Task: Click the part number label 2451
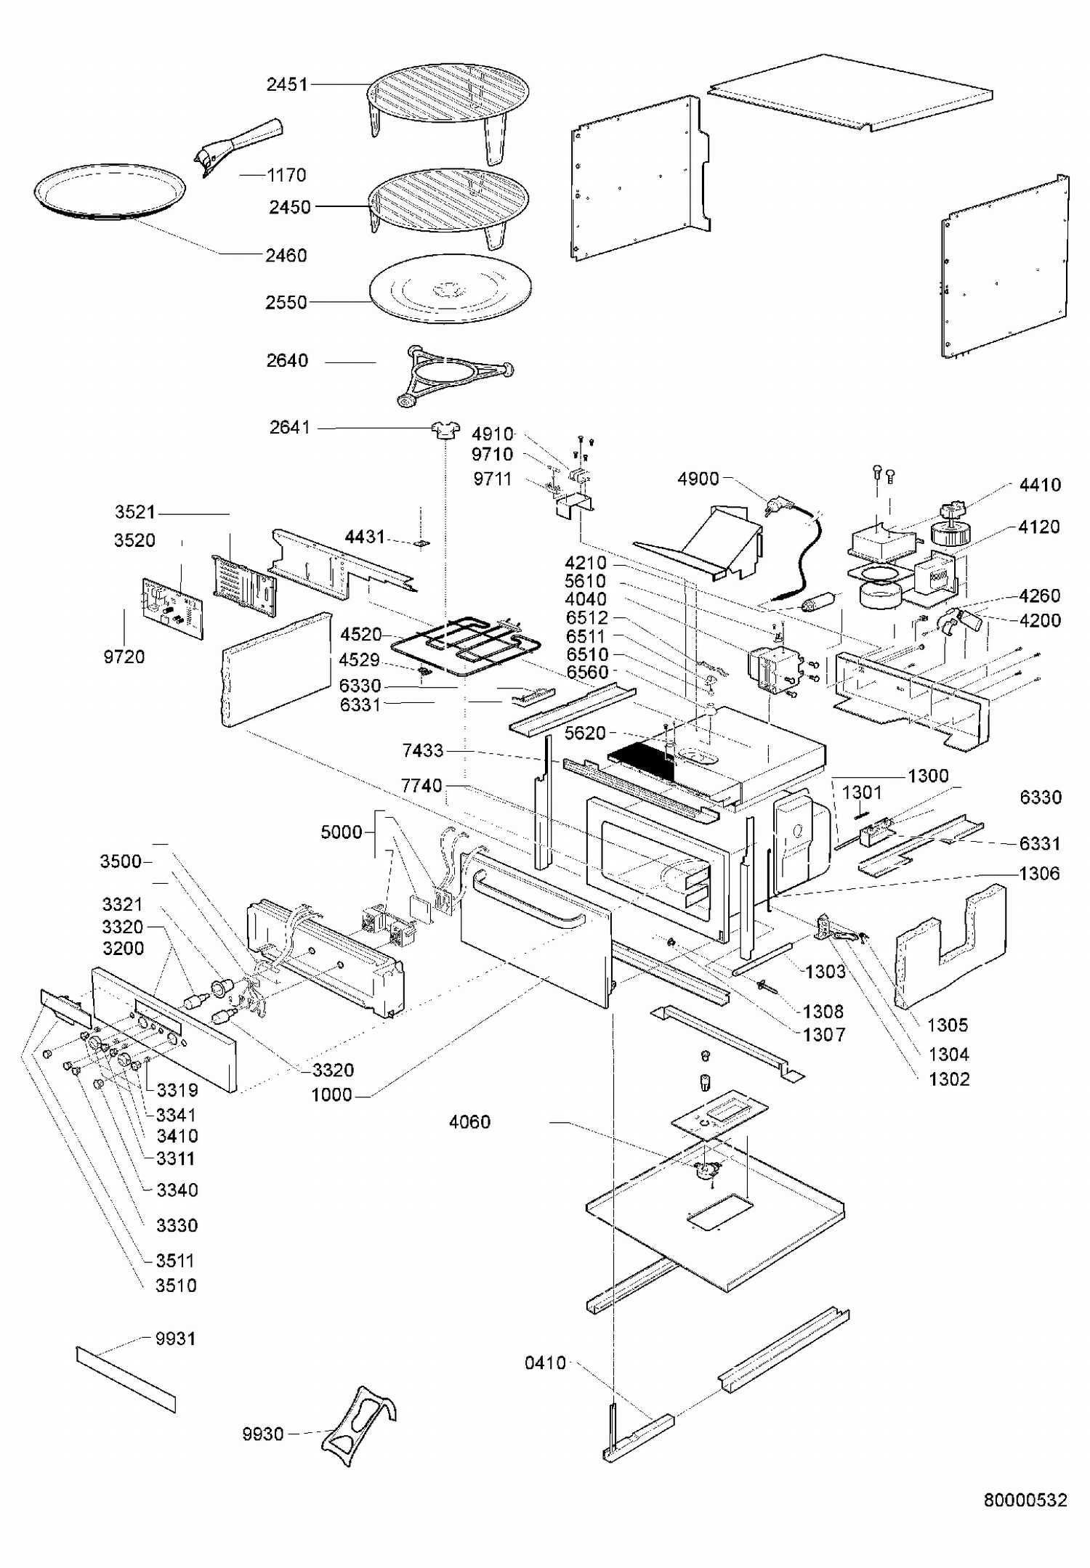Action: tap(287, 85)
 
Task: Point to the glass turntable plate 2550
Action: tap(450, 288)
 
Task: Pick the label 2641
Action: tap(290, 428)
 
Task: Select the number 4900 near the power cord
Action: tap(698, 479)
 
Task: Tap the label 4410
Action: tap(1040, 484)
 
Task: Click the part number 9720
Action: tap(124, 657)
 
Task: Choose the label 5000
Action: tap(342, 832)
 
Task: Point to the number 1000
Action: tap(331, 1094)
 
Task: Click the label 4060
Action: tap(469, 1122)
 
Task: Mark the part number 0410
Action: tap(545, 1363)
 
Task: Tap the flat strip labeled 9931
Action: tap(126, 1379)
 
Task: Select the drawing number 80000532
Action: tap(1025, 1500)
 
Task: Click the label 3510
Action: tap(176, 1285)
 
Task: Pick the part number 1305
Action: tap(948, 1025)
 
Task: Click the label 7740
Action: tap(421, 786)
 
